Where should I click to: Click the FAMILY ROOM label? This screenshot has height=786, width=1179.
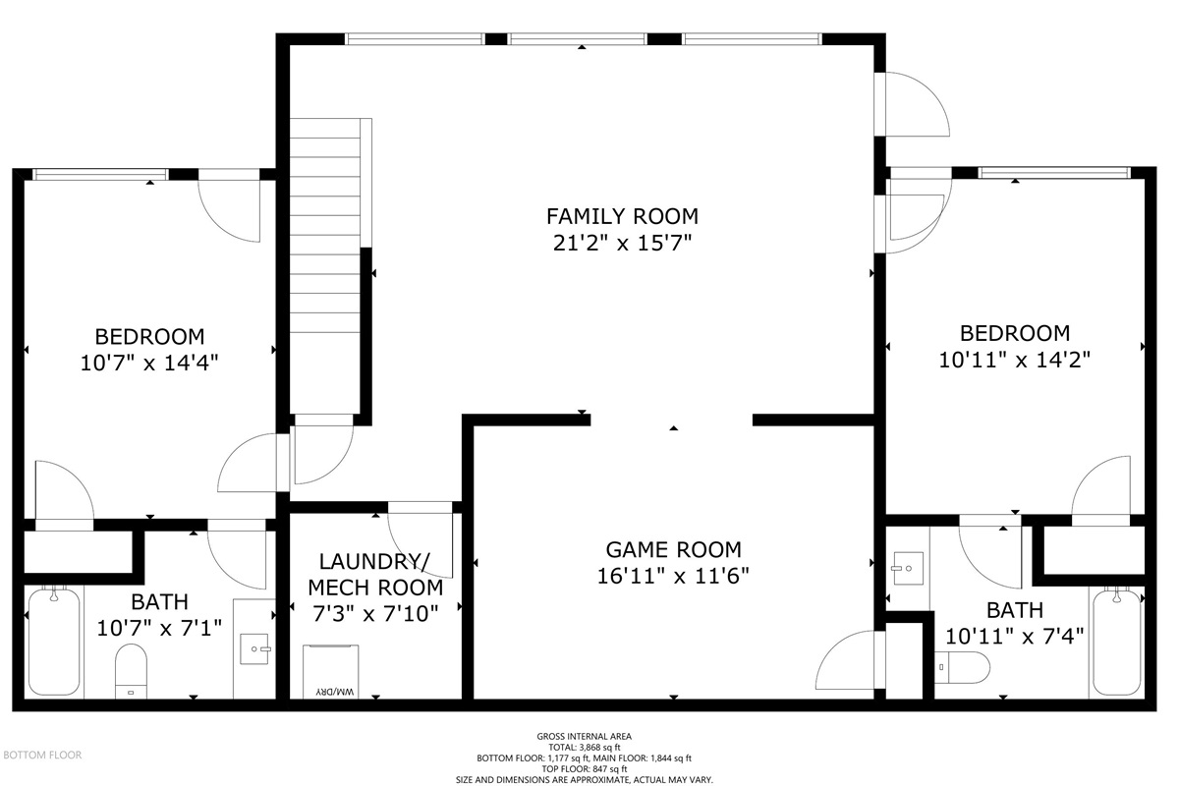point(622,216)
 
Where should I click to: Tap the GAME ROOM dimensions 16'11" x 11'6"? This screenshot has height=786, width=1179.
point(673,577)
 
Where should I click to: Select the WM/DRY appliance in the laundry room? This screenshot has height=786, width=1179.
point(330,672)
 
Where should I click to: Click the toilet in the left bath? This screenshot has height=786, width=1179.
point(131,672)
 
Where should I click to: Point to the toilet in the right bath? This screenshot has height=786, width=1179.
point(962,667)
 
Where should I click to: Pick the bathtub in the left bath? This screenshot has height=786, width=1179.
point(54,642)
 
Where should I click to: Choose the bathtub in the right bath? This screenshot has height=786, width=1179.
point(1117,642)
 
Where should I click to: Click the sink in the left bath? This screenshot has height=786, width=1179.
point(254,649)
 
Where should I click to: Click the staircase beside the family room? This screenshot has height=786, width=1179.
point(325,266)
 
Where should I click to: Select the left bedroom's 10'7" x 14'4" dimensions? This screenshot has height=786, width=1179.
point(149,364)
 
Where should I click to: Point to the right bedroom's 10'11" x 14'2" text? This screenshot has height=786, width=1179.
point(1015,361)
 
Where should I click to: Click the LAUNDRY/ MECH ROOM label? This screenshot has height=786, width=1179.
point(375,575)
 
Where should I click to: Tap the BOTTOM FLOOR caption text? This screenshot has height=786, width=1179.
point(42,755)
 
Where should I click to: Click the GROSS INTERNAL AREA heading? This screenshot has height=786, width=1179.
point(585,737)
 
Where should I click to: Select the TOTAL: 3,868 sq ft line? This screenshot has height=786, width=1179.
point(585,747)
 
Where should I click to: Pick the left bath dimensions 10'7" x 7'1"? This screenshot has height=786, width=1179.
point(159,628)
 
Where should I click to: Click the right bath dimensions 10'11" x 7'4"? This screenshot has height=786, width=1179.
point(1015,637)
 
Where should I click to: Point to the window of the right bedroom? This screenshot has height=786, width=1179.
point(1054,173)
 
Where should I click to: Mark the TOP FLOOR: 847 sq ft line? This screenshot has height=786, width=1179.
point(585,769)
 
